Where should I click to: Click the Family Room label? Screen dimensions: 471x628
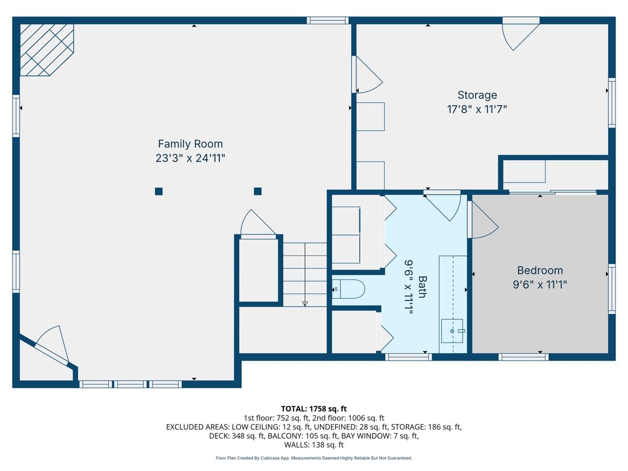click(x=190, y=143)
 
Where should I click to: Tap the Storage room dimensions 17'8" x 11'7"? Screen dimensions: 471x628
click(x=477, y=109)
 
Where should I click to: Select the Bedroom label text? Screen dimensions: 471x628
click(x=540, y=270)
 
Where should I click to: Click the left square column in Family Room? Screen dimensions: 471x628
click(x=159, y=192)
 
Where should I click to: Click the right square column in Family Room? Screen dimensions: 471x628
click(x=257, y=191)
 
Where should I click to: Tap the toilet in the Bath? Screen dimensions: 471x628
click(x=349, y=289)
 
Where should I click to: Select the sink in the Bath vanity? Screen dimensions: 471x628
click(x=453, y=331)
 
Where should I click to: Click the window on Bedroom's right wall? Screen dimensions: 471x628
click(x=611, y=289)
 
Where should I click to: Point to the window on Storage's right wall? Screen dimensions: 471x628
click(x=611, y=103)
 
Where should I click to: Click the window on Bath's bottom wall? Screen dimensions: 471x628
click(x=408, y=357)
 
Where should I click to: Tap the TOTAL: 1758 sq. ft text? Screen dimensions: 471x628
click(x=313, y=408)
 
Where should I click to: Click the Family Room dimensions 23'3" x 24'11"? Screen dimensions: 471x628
click(x=190, y=158)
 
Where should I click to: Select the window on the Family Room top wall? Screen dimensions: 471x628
click(x=328, y=20)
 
